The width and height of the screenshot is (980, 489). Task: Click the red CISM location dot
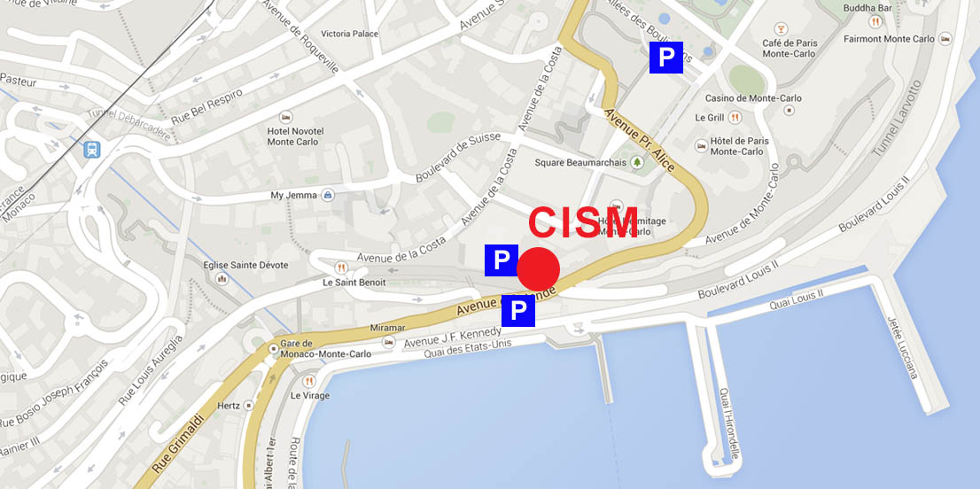(538, 268)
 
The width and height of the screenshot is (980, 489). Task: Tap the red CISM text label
(582, 223)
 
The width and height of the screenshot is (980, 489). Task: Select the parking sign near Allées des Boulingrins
(665, 58)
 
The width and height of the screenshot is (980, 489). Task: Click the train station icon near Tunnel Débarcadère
(91, 149)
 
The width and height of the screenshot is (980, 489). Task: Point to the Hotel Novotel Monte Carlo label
(295, 136)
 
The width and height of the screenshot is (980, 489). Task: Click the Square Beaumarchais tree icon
(636, 162)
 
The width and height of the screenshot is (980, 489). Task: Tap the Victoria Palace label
(349, 34)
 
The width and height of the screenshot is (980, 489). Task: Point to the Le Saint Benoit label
(354, 283)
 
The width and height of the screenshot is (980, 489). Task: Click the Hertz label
(229, 406)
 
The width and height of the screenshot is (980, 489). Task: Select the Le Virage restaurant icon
(297, 378)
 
